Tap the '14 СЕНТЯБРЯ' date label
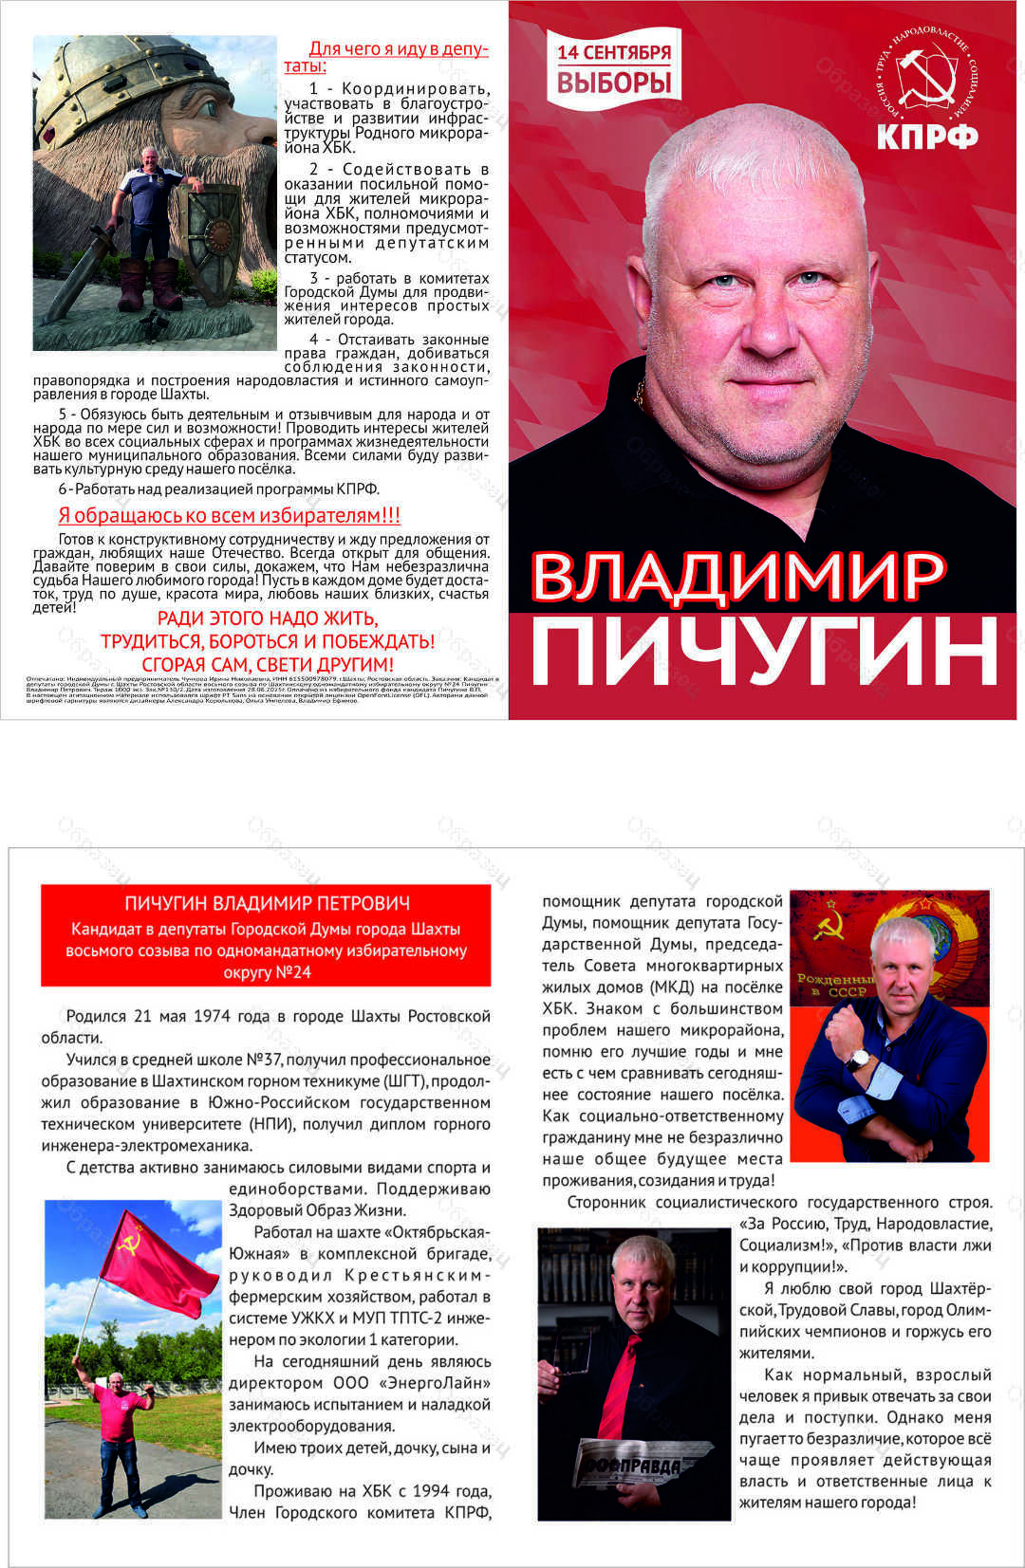[x=613, y=53]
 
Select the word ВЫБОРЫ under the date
[x=613, y=83]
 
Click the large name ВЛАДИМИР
[x=737, y=576]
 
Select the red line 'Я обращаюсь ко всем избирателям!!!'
[x=229, y=515]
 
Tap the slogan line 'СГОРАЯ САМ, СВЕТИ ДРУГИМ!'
[x=267, y=664]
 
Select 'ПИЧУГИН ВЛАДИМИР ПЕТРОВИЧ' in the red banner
[x=267, y=903]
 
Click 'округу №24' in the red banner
[x=267, y=972]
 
